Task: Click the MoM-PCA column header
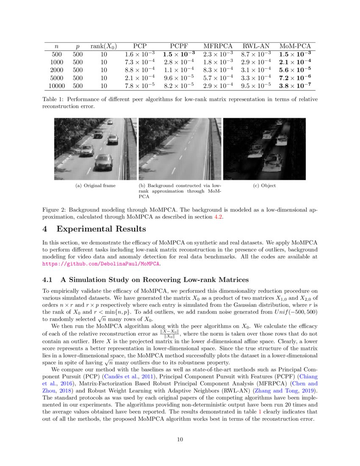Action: coord(295,46)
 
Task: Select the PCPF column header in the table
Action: coord(179,46)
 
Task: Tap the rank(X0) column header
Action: coord(103,46)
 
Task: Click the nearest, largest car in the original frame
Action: coord(103,162)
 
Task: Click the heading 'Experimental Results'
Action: coord(101,229)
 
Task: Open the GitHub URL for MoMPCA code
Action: coord(101,264)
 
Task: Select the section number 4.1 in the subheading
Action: coord(49,280)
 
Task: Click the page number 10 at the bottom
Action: coord(180,439)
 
